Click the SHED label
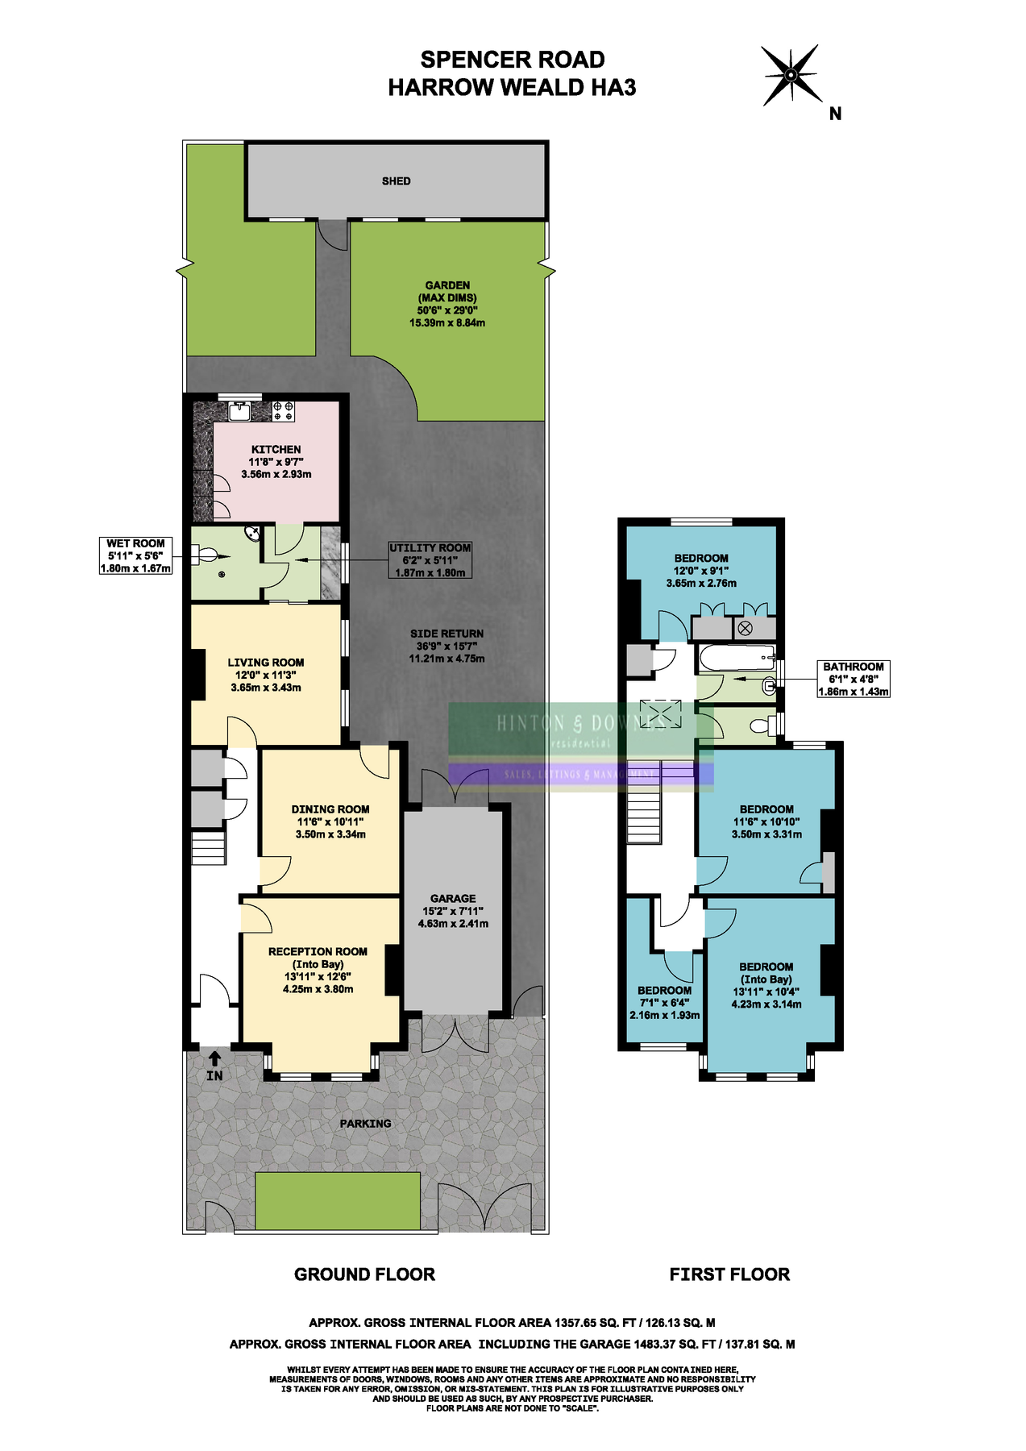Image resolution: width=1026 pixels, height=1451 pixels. pyautogui.click(x=396, y=181)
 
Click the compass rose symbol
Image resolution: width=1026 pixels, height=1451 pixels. pyautogui.click(x=791, y=75)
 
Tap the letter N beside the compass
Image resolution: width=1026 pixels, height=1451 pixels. pyautogui.click(x=835, y=114)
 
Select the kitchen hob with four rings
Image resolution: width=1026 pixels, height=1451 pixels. pyautogui.click(x=283, y=411)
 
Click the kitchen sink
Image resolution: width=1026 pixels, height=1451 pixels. pyautogui.click(x=240, y=411)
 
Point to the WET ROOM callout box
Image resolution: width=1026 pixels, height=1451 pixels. pyautogui.click(x=135, y=555)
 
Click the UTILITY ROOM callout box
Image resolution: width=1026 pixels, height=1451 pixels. pyautogui.click(x=430, y=559)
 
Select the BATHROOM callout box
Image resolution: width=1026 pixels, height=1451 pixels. pyautogui.click(x=854, y=679)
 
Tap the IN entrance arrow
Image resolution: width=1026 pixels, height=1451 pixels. pyautogui.click(x=214, y=1058)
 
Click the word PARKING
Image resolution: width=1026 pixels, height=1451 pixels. pyautogui.click(x=365, y=1123)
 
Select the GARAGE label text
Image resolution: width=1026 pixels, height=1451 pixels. pyautogui.click(x=453, y=898)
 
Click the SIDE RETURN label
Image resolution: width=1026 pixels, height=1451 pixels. pyautogui.click(x=447, y=634)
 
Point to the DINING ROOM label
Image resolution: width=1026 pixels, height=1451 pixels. pyautogui.click(x=330, y=809)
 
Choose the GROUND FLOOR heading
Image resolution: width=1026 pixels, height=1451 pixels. pyautogui.click(x=364, y=1274)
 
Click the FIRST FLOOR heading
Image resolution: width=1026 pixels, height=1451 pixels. pyautogui.click(x=729, y=1274)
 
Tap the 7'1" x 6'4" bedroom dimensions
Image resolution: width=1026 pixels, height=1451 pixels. pyautogui.click(x=664, y=1003)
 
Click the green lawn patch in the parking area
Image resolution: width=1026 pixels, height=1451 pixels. pyautogui.click(x=338, y=1199)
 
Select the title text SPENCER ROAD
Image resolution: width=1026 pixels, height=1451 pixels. pyautogui.click(x=512, y=60)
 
